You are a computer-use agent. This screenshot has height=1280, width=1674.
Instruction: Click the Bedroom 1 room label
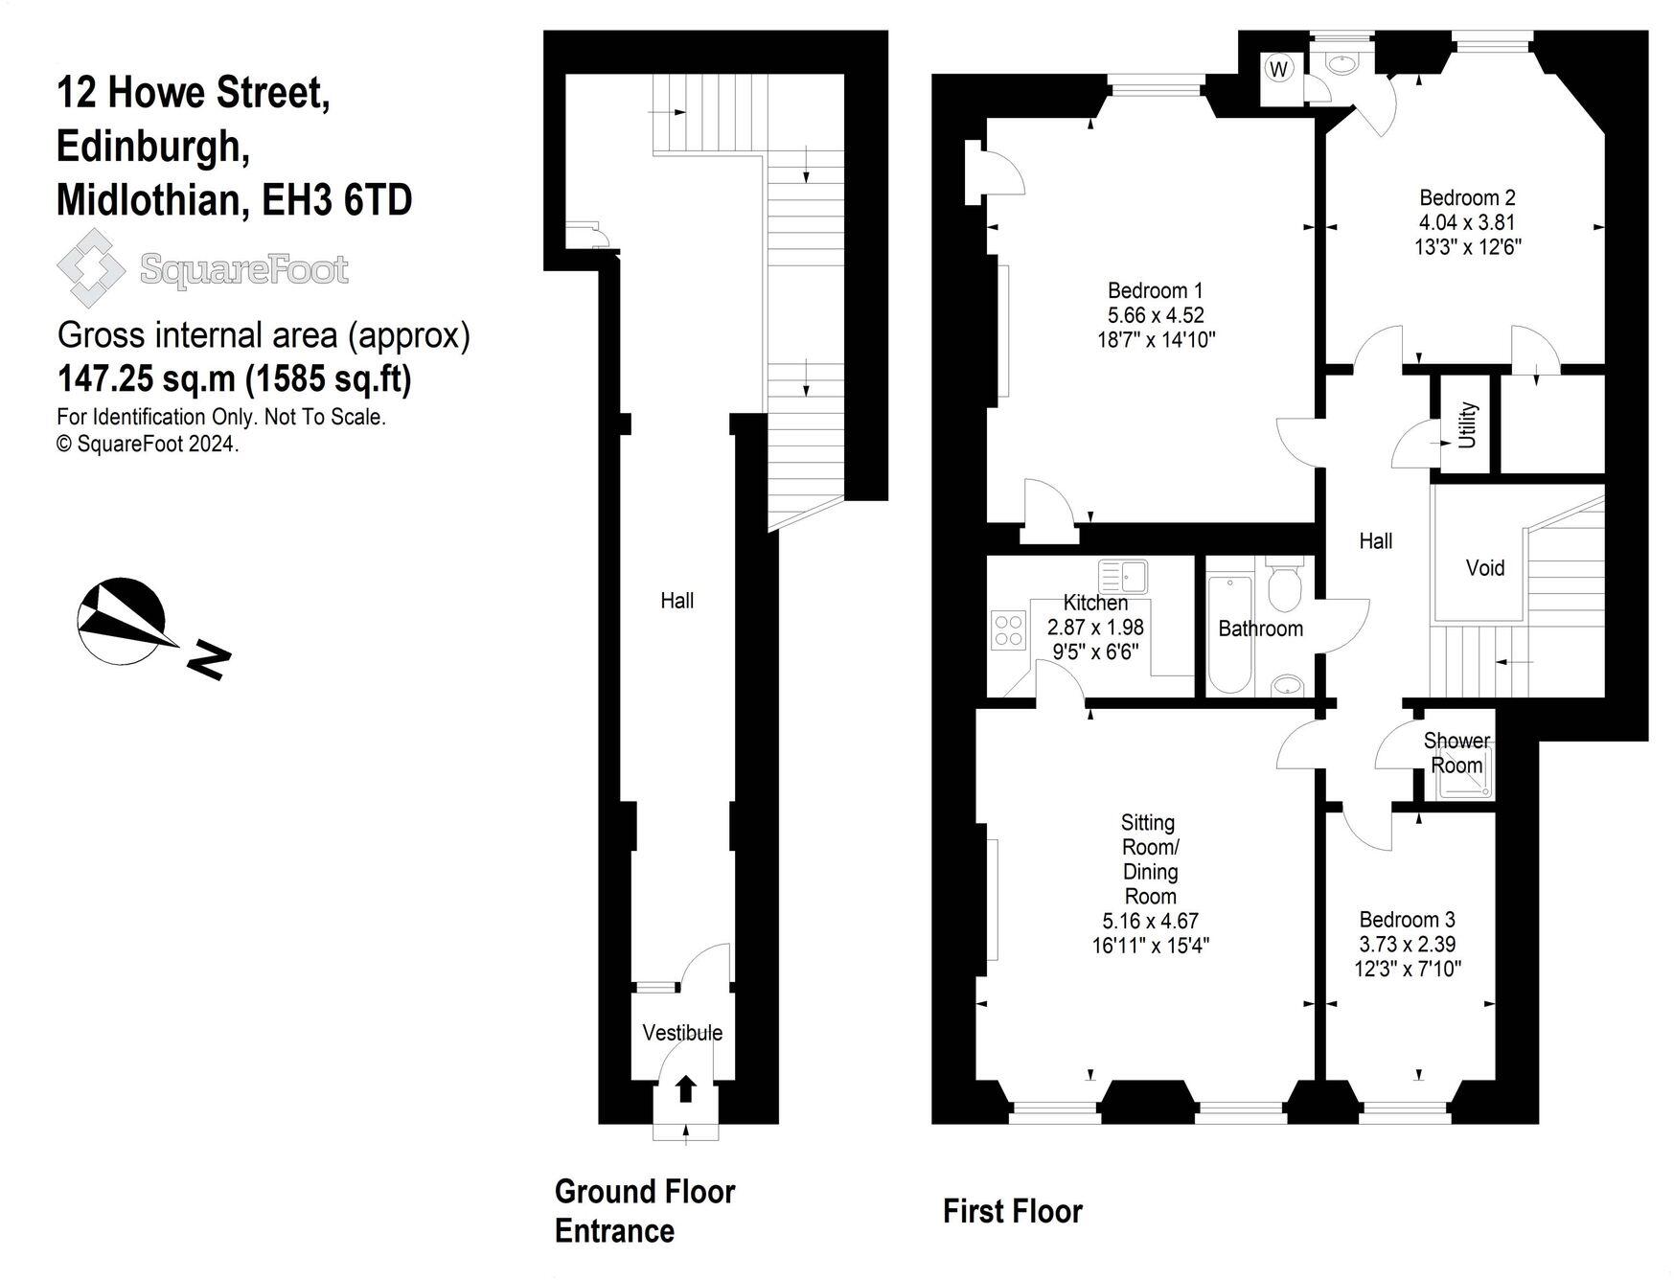(1155, 290)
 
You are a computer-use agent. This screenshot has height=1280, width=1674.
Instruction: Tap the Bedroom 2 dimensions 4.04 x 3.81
(1467, 222)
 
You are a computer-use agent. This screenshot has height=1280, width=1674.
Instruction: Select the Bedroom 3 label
(1407, 920)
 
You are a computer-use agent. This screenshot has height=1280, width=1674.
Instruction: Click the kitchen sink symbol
(1123, 577)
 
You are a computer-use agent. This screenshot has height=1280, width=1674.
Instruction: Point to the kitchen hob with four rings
(1008, 631)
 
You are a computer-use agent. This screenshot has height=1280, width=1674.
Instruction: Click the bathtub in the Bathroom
(1228, 634)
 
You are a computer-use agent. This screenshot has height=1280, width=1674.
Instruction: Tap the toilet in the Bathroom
(1283, 586)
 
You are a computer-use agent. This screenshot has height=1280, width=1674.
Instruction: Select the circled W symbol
(1278, 68)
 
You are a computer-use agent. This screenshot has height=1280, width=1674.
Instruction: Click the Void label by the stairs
(1484, 568)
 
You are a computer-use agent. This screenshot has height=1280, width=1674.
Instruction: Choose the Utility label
(1467, 425)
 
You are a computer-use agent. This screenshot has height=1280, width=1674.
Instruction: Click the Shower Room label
(1456, 753)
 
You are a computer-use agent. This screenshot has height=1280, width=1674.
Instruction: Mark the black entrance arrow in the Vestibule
(686, 1088)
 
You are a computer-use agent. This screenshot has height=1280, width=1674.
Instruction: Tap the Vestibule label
(682, 1033)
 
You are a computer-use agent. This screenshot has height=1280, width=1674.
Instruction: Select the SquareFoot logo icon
(90, 268)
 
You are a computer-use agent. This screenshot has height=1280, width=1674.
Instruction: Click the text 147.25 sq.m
(146, 379)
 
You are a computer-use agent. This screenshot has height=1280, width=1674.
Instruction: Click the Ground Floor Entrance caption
(644, 1211)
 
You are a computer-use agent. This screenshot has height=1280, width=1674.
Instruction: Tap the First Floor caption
(1012, 1211)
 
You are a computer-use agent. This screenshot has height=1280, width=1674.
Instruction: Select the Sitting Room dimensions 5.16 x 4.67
(1150, 921)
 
